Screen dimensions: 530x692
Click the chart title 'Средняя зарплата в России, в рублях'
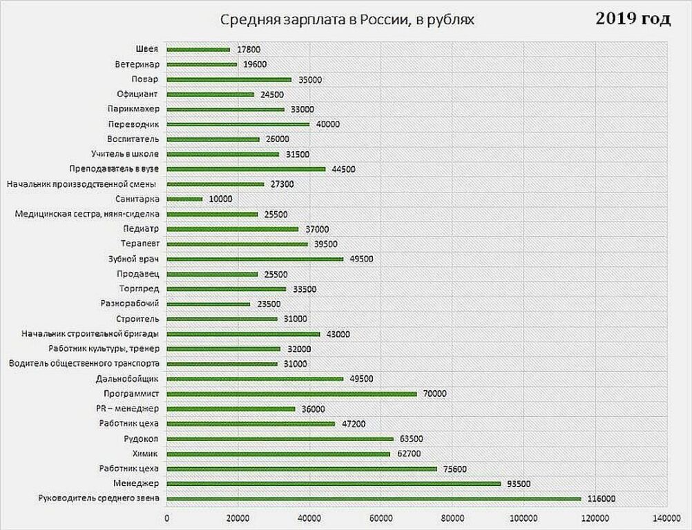347,20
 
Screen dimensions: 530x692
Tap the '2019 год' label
633,19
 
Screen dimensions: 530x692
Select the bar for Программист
292,394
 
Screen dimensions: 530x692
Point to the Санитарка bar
185,199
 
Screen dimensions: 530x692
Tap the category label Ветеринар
138,65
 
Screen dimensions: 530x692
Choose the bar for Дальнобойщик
255,379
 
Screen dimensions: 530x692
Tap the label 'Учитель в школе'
125,155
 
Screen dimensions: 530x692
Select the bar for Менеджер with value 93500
334,484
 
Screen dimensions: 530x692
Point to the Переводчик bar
238,124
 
